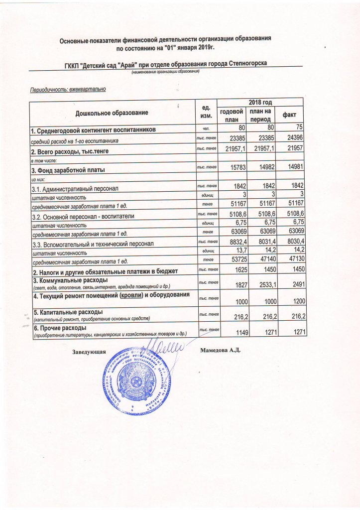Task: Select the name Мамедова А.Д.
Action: [x=220, y=351]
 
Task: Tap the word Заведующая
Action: [x=90, y=352]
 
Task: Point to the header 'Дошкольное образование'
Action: [x=112, y=114]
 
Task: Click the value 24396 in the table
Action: [x=293, y=138]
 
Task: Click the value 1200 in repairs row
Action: [x=294, y=300]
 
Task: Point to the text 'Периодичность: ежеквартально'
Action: [x=68, y=90]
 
